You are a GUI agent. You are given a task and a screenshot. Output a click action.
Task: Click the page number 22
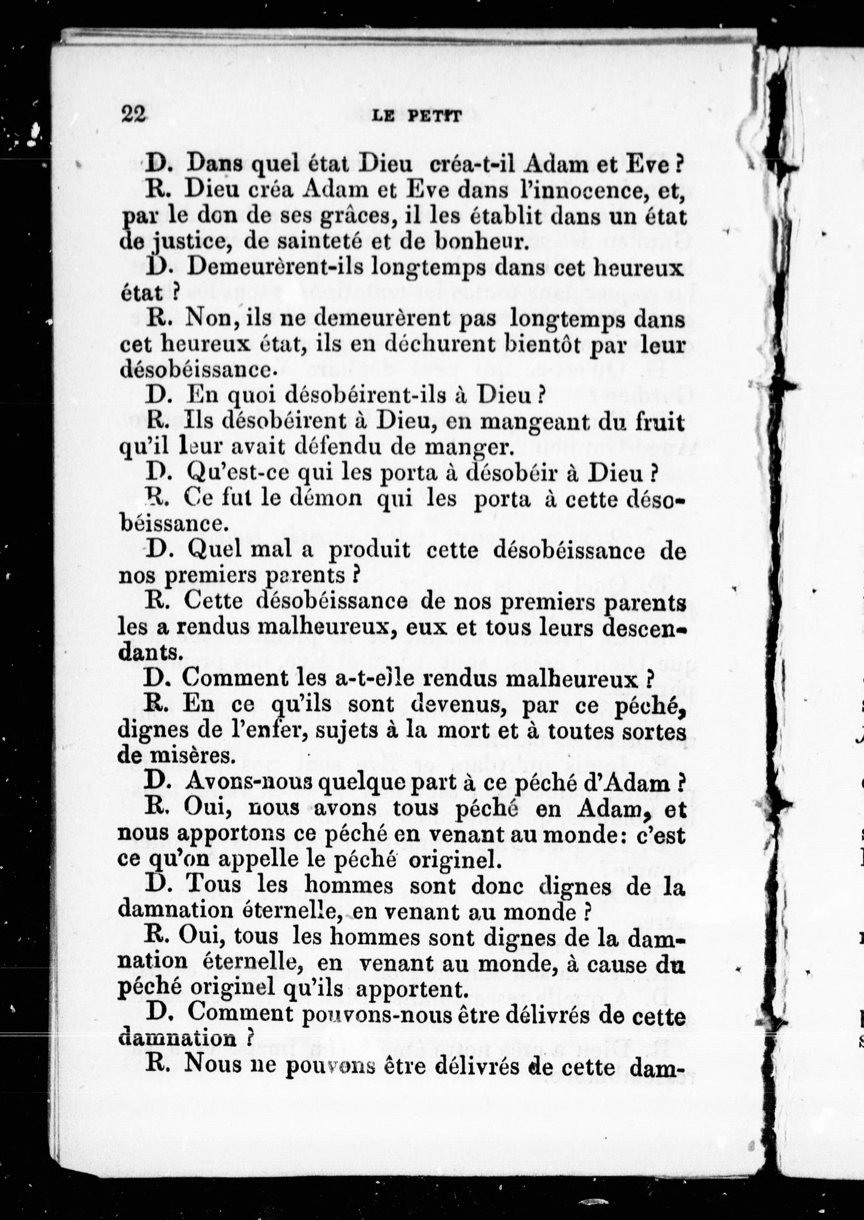[x=134, y=114]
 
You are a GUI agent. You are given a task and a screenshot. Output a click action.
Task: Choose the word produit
[x=369, y=550]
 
